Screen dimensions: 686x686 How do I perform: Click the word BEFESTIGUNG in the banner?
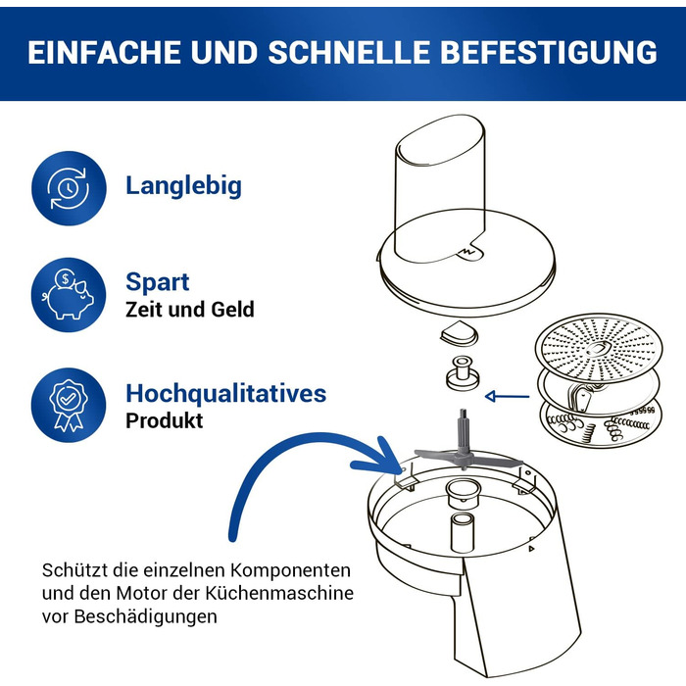(548, 52)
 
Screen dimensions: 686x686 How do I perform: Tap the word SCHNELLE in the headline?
(349, 52)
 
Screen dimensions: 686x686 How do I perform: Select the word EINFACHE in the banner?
(104, 52)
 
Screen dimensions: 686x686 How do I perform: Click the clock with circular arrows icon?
(69, 188)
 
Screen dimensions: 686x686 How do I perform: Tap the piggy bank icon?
(69, 294)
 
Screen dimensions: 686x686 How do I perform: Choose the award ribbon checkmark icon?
(69, 405)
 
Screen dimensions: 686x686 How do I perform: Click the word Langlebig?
(183, 186)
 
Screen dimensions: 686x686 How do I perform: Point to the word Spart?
(158, 282)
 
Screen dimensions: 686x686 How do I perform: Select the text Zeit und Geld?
(189, 310)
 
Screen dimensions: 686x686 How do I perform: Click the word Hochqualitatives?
(225, 393)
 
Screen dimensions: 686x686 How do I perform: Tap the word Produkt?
(164, 420)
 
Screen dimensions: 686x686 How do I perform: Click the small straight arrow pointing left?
(507, 396)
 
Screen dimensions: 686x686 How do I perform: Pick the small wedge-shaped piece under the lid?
(459, 332)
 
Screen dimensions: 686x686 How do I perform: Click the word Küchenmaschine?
(279, 593)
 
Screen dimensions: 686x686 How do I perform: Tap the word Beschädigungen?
(145, 616)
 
